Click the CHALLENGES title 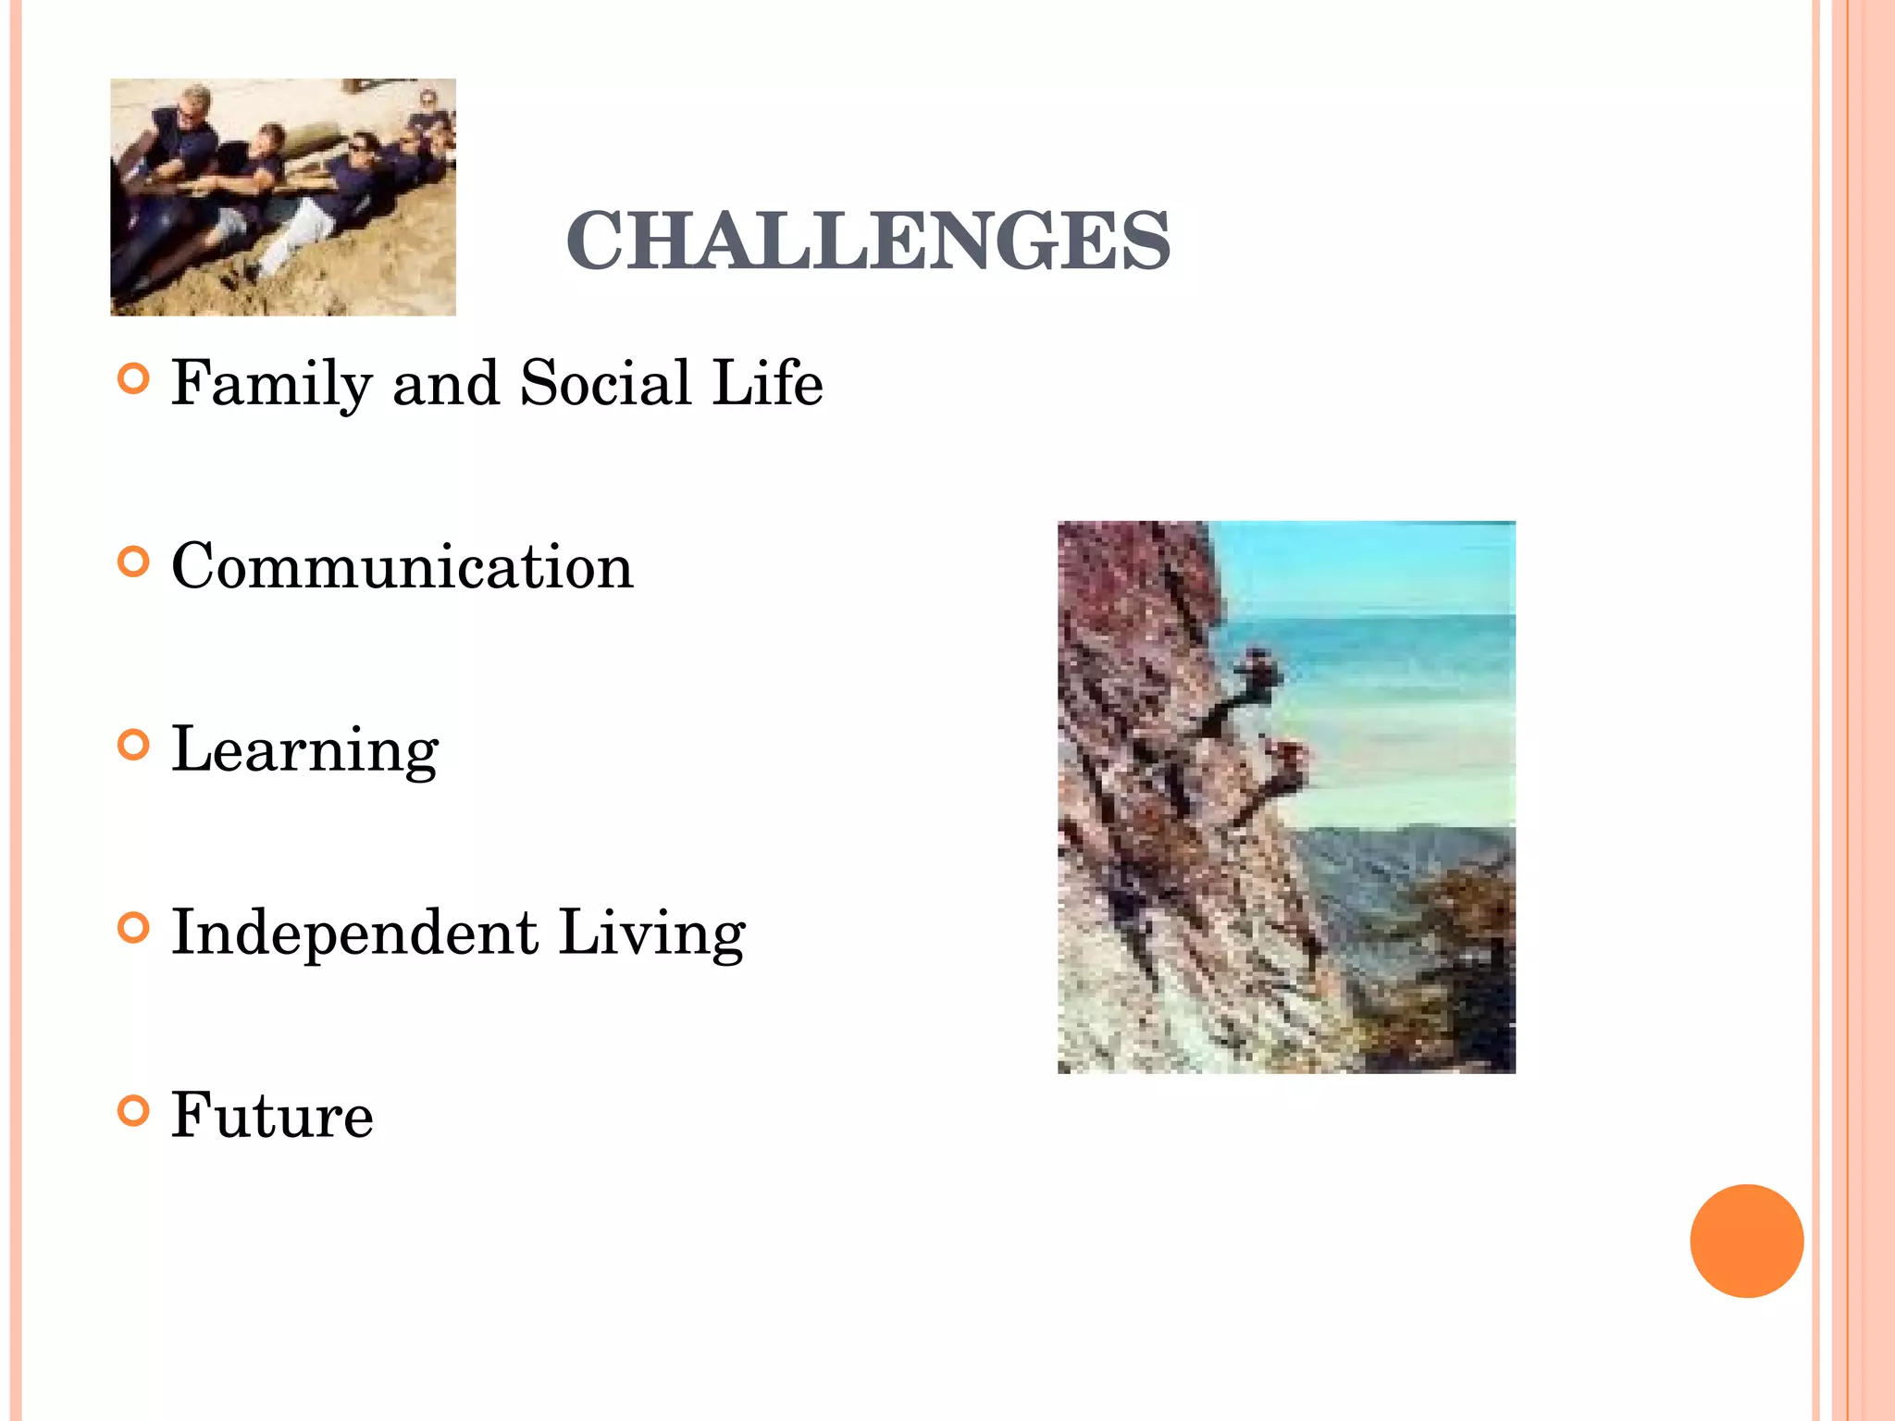868,241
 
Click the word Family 270,383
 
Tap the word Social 605,382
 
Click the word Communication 403,565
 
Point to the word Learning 304,749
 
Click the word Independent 354,932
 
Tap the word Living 651,933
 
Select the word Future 272,1115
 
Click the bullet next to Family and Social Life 134,378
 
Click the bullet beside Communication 134,562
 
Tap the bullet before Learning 134,745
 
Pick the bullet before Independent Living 134,928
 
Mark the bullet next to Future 134,1111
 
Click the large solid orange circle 1746,1241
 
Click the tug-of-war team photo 282,197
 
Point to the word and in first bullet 444,383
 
